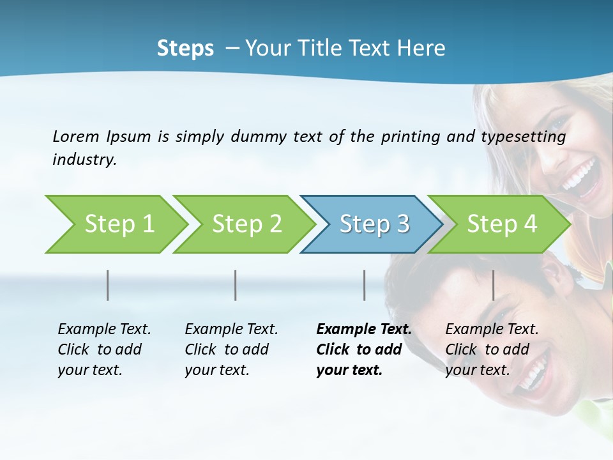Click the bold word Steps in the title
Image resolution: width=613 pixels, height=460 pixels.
(x=185, y=49)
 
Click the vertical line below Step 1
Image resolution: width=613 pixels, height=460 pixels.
(x=108, y=285)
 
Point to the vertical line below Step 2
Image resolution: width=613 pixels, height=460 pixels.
(x=236, y=285)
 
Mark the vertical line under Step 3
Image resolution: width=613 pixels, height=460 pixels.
(x=364, y=285)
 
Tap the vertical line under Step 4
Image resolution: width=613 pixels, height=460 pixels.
(x=493, y=285)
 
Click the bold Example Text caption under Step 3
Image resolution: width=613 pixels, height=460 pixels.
(x=364, y=349)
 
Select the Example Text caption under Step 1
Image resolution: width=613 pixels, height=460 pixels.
(x=104, y=349)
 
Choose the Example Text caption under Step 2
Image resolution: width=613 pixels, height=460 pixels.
(x=231, y=349)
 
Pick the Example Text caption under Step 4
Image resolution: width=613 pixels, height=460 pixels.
(x=492, y=349)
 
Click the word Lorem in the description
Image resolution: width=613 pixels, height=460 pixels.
(x=76, y=136)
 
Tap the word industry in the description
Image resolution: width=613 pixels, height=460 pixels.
(x=84, y=160)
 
